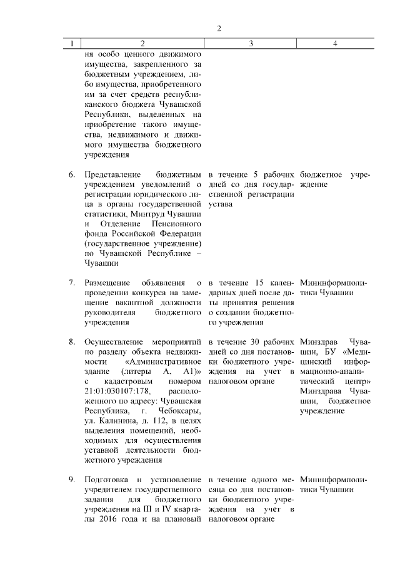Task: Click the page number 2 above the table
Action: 219,29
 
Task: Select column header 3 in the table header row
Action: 251,44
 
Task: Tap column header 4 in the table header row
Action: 336,44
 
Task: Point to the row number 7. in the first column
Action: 72,283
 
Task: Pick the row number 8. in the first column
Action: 72,342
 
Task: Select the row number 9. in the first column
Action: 72,478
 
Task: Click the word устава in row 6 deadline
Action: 221,205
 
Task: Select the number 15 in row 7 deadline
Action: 258,283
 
